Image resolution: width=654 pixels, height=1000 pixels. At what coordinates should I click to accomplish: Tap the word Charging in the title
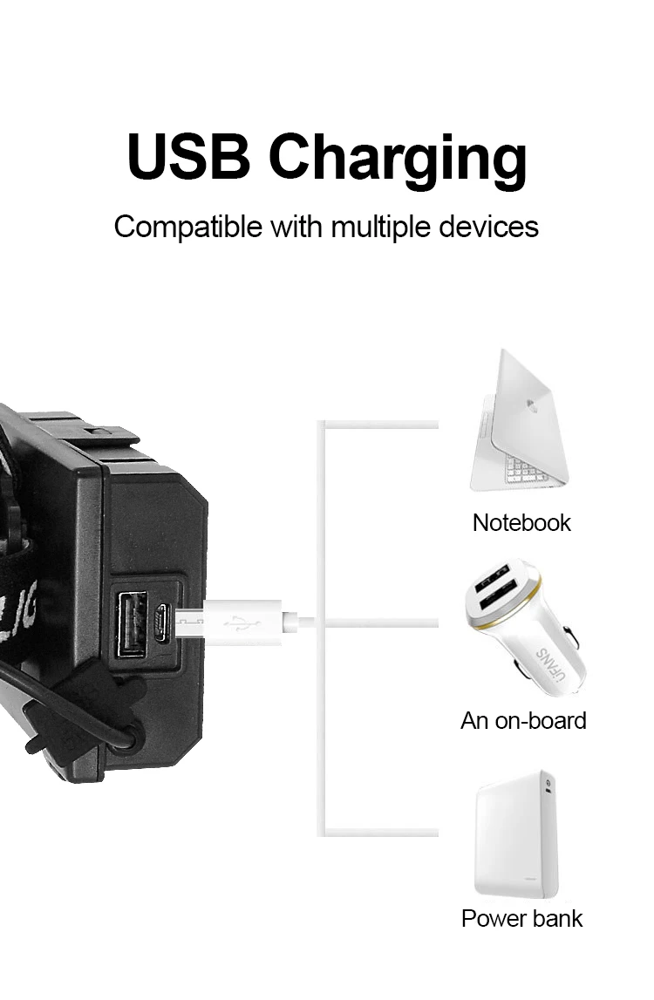[x=398, y=159]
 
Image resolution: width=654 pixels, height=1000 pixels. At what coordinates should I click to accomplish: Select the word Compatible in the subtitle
[x=187, y=227]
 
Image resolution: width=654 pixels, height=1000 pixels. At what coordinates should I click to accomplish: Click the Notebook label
[x=521, y=522]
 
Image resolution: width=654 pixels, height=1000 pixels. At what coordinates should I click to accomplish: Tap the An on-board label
[x=523, y=720]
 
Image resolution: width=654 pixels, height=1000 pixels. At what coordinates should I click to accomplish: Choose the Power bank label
[x=521, y=918]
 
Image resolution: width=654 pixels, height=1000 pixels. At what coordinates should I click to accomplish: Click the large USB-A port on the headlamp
[x=133, y=622]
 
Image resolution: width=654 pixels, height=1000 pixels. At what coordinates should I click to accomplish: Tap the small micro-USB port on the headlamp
[x=161, y=621]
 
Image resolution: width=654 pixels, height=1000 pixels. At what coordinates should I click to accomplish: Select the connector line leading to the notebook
[x=379, y=425]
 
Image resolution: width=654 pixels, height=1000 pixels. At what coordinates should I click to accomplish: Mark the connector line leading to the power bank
[x=379, y=832]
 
